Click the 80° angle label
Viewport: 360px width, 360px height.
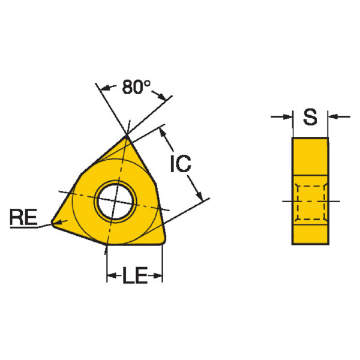[136, 87]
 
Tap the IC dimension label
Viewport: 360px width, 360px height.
[181, 163]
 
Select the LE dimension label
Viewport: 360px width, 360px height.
[135, 275]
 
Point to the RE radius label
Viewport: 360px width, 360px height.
[23, 217]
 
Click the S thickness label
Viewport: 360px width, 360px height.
[310, 117]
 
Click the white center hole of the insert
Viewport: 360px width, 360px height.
[115, 202]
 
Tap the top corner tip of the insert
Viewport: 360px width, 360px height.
[127, 136]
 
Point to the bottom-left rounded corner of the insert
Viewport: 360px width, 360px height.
[53, 223]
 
